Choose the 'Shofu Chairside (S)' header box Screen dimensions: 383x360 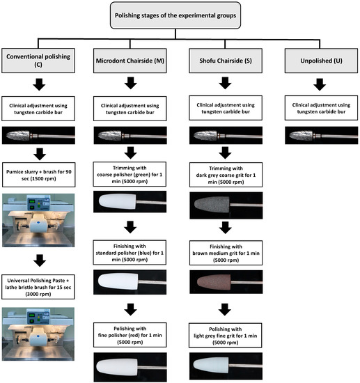pos(224,59)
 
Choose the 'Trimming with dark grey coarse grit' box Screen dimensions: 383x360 pos(224,177)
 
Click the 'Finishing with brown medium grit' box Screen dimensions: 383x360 pos(224,254)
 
